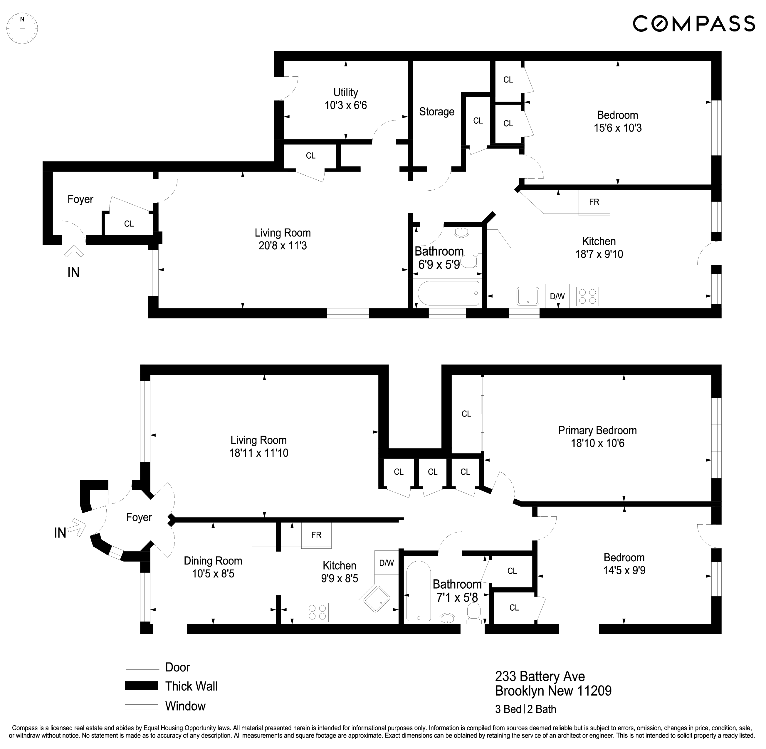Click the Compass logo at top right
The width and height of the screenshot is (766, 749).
tap(694, 23)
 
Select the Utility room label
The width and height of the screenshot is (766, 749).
tap(345, 93)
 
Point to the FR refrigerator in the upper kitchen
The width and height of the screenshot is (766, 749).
tap(594, 202)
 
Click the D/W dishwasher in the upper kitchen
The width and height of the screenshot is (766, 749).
tap(557, 296)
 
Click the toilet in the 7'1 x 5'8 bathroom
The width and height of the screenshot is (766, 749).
tap(474, 614)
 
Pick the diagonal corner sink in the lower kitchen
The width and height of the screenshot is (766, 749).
tap(377, 599)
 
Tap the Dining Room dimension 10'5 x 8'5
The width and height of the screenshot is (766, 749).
tap(213, 574)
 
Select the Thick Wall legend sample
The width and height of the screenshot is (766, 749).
tap(141, 686)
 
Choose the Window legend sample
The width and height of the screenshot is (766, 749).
tap(141, 705)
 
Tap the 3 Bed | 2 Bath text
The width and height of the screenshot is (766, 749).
tap(526, 709)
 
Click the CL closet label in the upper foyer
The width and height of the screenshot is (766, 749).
tap(129, 224)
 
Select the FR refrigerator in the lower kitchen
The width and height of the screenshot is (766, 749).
tap(316, 535)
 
